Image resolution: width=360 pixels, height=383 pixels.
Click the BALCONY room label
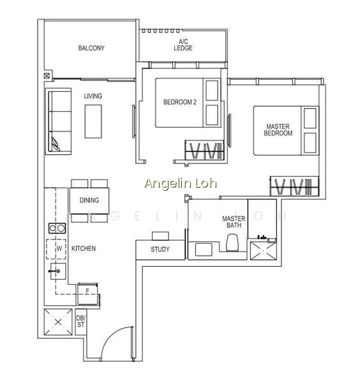click(91, 48)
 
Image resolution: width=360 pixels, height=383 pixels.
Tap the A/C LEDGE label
click(183, 45)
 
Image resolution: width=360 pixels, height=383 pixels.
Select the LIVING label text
click(93, 96)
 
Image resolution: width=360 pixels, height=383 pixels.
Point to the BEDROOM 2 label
click(180, 102)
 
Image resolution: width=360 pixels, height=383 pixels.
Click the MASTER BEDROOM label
click(278, 130)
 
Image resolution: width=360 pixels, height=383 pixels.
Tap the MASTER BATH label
click(234, 222)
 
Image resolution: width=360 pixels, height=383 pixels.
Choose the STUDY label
click(160, 250)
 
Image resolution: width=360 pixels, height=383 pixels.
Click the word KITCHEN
click(83, 248)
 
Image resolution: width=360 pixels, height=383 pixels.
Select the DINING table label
click(89, 200)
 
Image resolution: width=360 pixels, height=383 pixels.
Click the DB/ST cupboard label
click(80, 321)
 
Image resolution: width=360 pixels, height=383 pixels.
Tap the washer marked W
click(56, 249)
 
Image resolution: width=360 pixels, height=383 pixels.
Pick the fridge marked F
click(87, 294)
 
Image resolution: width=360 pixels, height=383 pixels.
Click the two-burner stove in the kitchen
click(57, 228)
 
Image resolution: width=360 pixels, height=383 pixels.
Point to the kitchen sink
click(58, 271)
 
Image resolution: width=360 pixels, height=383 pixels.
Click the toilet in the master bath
click(232, 243)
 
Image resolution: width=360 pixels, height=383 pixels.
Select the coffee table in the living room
click(93, 121)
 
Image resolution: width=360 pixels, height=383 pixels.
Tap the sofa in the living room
click(59, 121)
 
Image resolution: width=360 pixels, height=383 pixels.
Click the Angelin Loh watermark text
click(181, 183)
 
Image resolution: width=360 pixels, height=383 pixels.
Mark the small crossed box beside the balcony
click(47, 76)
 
